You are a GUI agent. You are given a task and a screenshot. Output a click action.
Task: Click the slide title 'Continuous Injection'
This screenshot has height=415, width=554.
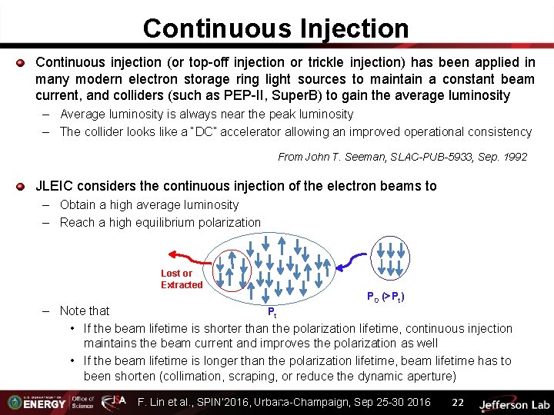point(275,28)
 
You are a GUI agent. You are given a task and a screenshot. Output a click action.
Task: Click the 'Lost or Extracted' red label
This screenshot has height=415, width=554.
point(182,279)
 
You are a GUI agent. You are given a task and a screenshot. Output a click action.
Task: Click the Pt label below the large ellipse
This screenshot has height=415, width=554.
point(272,312)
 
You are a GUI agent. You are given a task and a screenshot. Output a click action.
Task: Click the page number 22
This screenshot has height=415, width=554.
point(458,402)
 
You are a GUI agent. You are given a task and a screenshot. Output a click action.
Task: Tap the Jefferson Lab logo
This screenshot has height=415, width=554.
point(512,403)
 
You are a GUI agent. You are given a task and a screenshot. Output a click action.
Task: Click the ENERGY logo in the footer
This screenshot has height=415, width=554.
point(42,402)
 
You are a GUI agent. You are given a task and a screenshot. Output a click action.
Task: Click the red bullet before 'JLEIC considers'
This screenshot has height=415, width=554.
point(22,186)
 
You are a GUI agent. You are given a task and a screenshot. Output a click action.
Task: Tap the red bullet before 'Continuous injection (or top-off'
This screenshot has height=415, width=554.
point(22,61)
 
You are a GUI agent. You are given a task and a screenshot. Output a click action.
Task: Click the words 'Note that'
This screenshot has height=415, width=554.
point(85,310)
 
